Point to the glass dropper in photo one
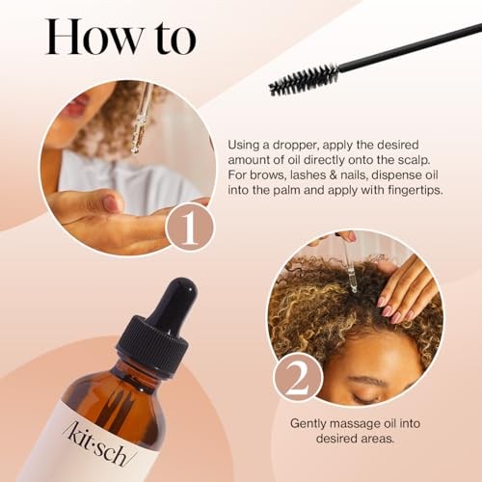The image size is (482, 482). coord(142,120)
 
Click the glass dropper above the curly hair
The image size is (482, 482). coord(349,264)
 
